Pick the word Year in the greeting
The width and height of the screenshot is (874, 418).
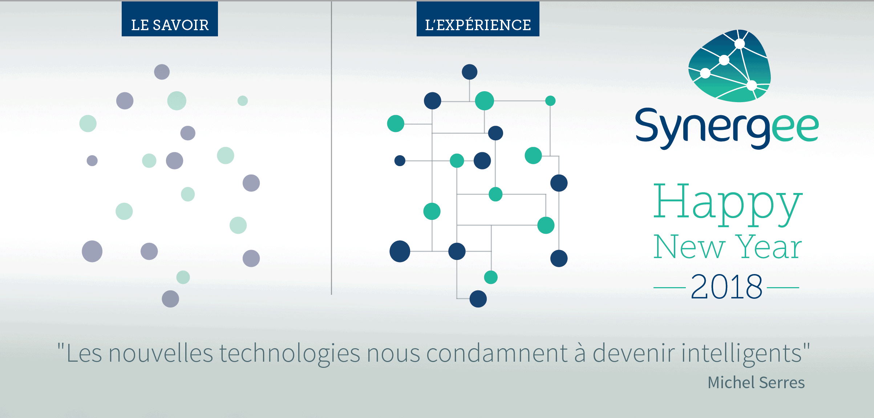click(768, 247)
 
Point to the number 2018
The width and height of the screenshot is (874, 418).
click(726, 287)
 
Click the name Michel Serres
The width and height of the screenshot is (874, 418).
click(756, 382)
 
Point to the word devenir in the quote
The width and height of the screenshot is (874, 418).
click(634, 353)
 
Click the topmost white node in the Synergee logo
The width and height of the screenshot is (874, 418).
click(740, 44)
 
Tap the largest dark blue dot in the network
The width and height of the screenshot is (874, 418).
click(400, 251)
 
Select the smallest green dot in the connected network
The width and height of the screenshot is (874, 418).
click(550, 101)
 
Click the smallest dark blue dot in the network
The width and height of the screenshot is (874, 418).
click(400, 161)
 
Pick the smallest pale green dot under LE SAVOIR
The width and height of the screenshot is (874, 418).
click(243, 101)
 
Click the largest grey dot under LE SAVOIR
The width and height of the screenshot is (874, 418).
click(92, 251)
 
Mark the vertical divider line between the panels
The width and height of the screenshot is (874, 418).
click(331, 148)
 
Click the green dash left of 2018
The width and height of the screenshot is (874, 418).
click(669, 288)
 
